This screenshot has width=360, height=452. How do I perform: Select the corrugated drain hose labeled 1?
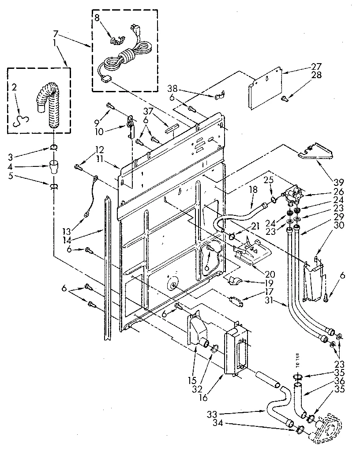click(49, 106)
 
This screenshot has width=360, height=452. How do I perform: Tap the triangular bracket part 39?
click(316, 151)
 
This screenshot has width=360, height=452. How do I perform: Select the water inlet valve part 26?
click(293, 194)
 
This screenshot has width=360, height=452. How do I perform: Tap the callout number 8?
click(97, 18)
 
